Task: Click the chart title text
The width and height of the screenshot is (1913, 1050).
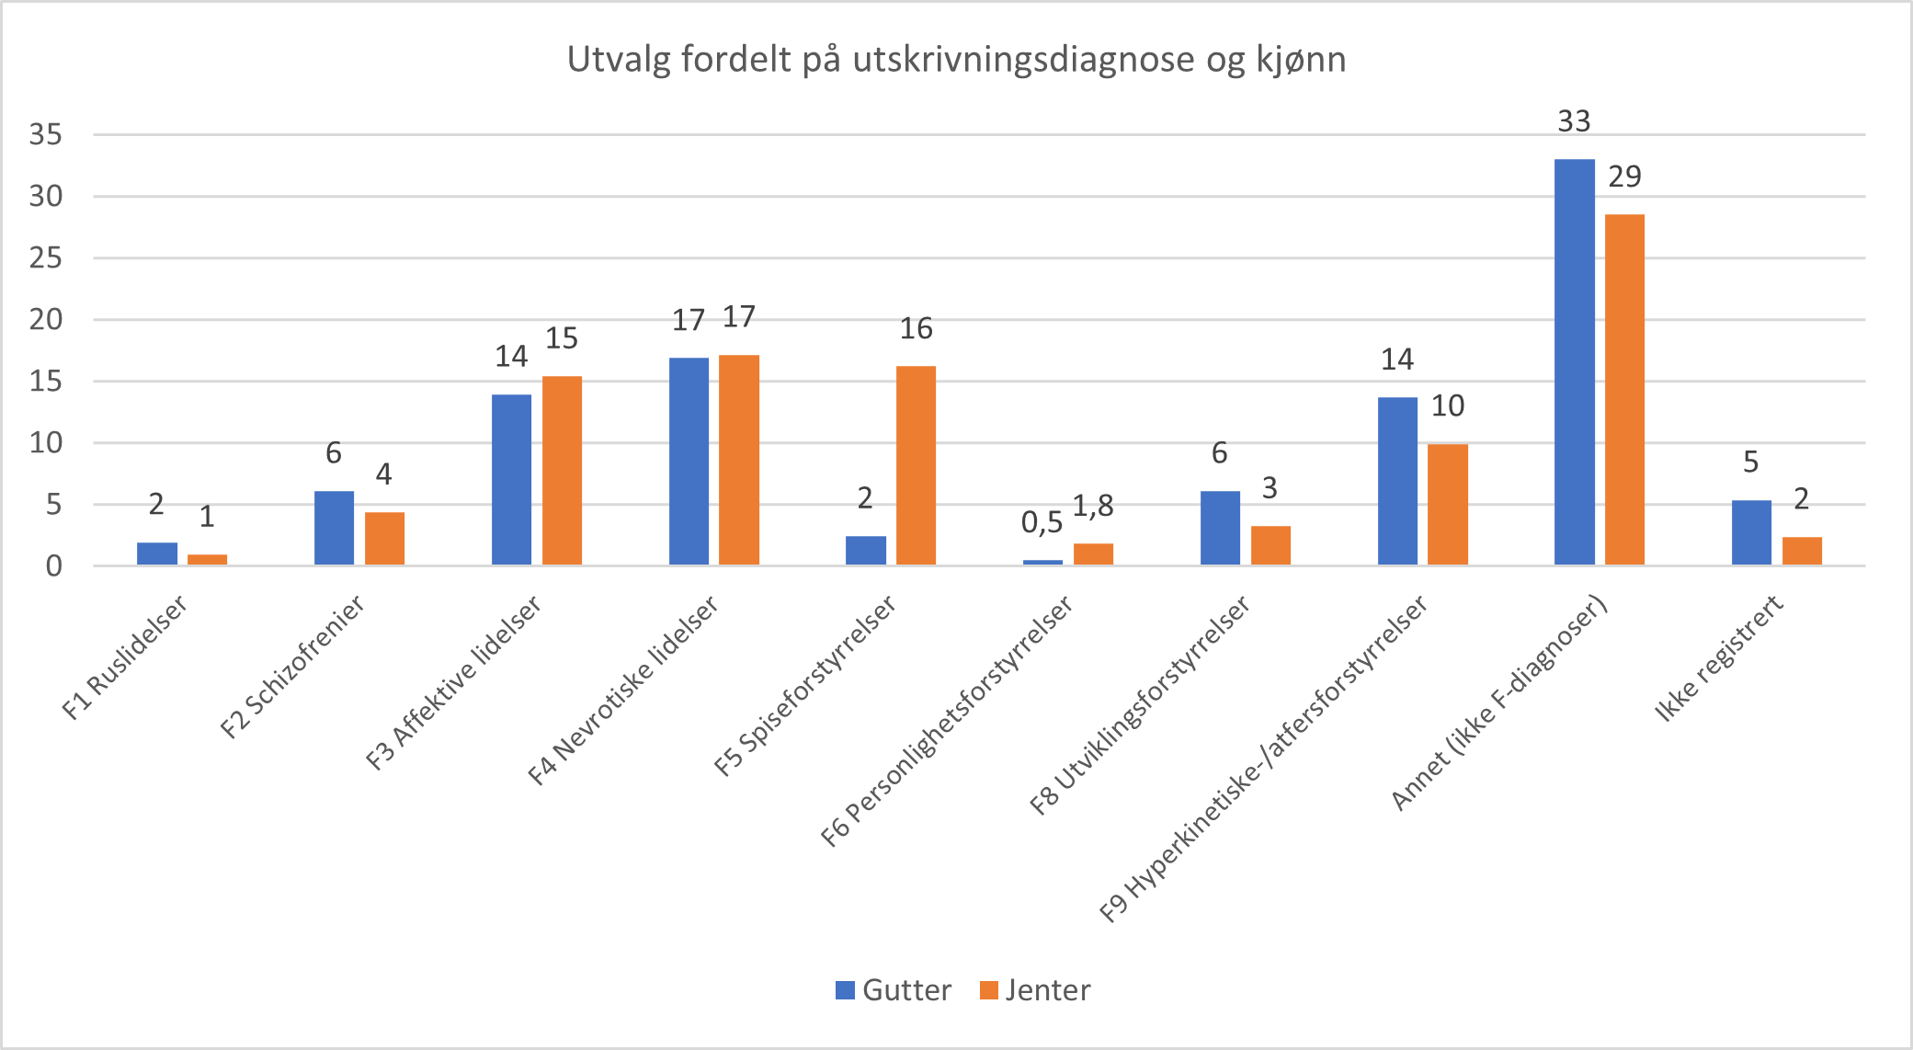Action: click(956, 60)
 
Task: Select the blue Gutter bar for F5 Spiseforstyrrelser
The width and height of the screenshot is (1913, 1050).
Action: click(865, 550)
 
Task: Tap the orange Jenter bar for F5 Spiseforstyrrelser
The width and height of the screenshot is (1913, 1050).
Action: click(916, 465)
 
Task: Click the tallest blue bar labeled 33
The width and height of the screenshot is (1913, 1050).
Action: click(1574, 361)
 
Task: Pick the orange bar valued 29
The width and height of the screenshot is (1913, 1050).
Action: click(1624, 389)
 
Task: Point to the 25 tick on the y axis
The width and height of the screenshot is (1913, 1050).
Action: click(46, 257)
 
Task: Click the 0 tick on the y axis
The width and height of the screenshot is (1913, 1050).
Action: click(54, 565)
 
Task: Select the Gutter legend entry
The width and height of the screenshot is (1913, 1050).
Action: click(894, 990)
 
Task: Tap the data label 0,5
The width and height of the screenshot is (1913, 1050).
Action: click(1042, 523)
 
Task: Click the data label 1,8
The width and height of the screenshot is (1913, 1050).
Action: click(1093, 506)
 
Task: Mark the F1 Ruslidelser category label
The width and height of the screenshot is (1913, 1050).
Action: click(125, 656)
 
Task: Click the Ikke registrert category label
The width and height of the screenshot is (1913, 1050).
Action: click(1718, 658)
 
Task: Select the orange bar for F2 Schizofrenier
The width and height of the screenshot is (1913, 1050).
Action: click(384, 538)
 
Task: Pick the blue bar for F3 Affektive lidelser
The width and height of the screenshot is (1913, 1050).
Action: click(511, 479)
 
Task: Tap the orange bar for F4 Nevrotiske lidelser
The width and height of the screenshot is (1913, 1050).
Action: click(739, 460)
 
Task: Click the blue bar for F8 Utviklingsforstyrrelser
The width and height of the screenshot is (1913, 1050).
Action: click(1220, 528)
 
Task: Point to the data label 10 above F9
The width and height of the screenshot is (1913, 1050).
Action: click(1448, 405)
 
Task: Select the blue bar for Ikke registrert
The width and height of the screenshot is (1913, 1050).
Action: click(1751, 532)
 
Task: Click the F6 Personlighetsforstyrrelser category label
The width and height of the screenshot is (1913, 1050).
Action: click(947, 721)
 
